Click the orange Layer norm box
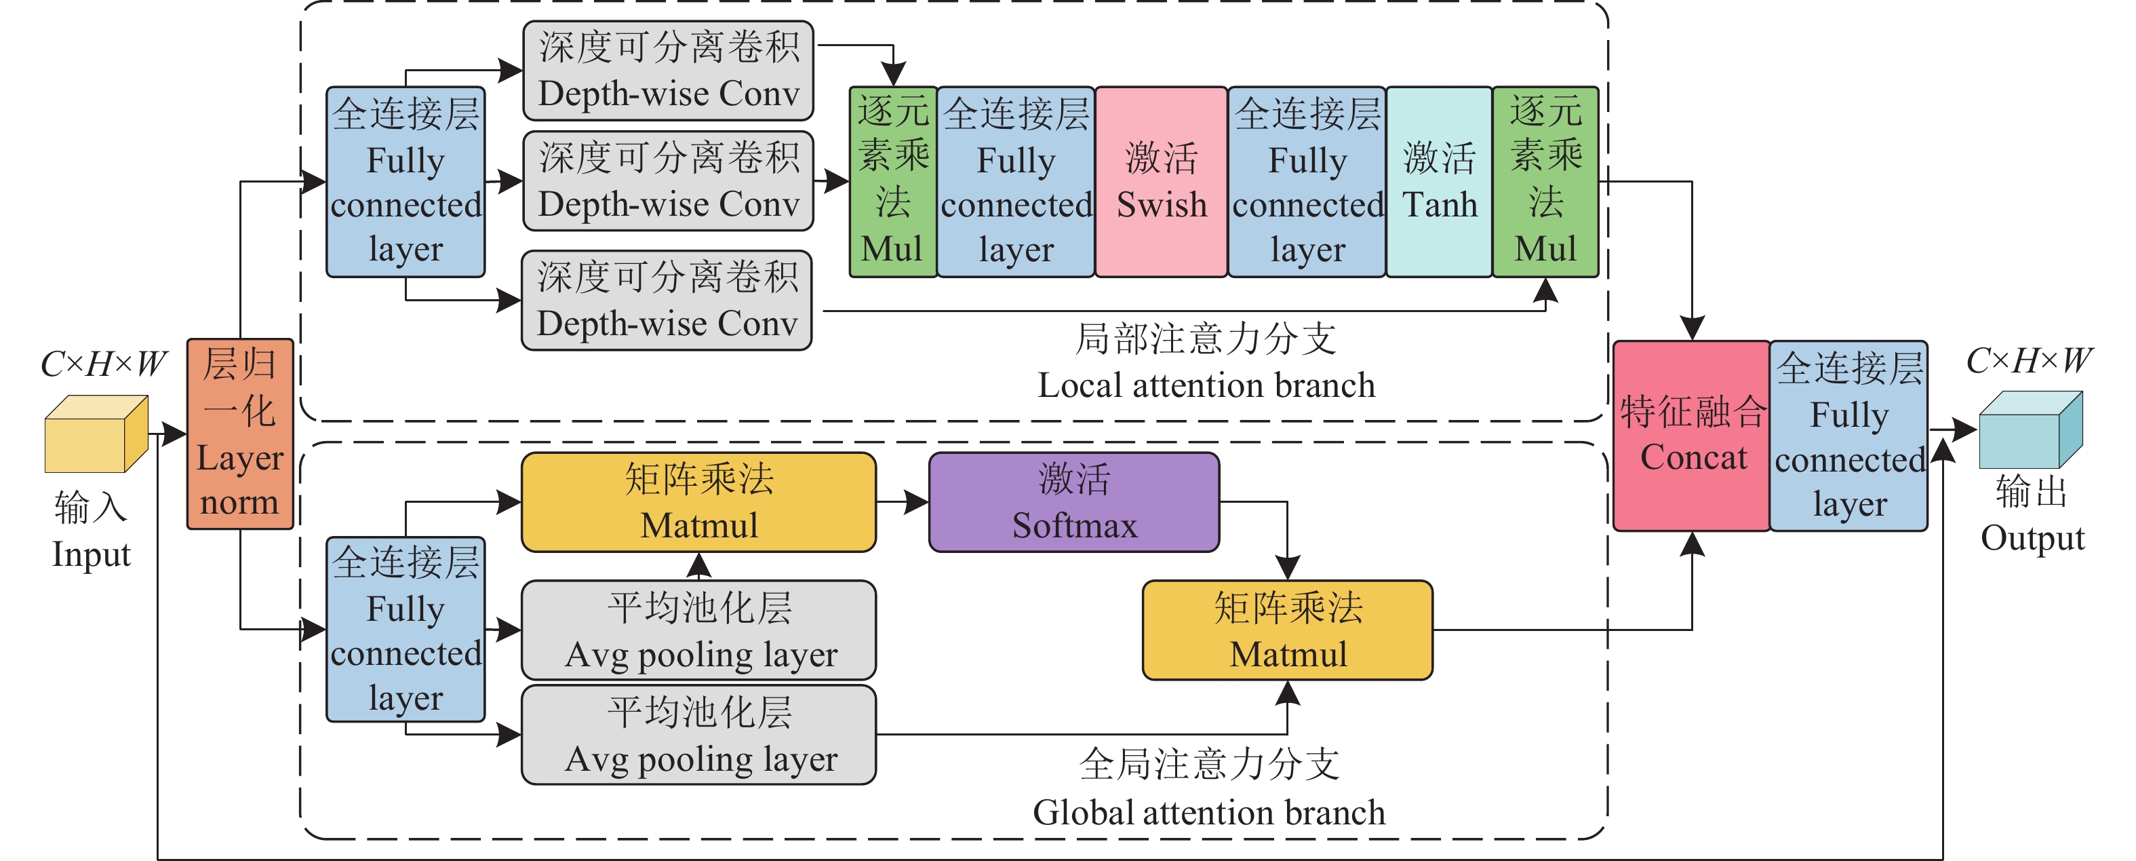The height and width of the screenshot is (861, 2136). click(x=239, y=434)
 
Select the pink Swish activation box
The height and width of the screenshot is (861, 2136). click(x=1161, y=182)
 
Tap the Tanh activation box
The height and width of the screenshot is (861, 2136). click(x=1439, y=182)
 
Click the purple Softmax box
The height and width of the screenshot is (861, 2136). click(x=1074, y=502)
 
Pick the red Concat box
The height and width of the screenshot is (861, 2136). click(x=1692, y=436)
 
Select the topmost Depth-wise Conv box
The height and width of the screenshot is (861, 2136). click(x=669, y=71)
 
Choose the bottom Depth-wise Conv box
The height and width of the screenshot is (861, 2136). click(x=667, y=301)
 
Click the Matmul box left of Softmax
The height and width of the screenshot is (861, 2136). click(x=699, y=502)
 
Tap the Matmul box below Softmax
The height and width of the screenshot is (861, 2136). click(x=1288, y=630)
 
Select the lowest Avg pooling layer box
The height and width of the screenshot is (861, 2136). click(x=699, y=735)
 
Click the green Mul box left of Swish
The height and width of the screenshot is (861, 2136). click(x=892, y=182)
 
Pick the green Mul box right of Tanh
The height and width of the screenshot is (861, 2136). click(x=1545, y=182)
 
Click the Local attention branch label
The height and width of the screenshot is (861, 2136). click(x=1206, y=385)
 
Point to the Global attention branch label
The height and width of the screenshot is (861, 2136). click(x=1208, y=812)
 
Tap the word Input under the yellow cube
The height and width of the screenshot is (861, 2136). click(x=92, y=554)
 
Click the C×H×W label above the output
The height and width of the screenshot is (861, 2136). click(x=2029, y=360)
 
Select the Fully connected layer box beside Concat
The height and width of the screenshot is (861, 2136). click(x=1849, y=436)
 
